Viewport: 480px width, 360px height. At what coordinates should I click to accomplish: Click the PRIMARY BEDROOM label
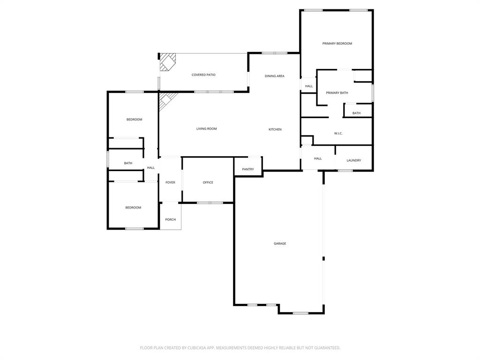tap(337, 44)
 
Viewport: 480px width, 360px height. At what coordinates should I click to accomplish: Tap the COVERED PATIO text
tap(203, 75)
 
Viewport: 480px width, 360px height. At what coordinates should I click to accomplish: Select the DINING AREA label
tap(274, 76)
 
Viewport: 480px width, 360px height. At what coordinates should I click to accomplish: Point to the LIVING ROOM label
tap(206, 129)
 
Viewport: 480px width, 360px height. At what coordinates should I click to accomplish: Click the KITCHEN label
tap(275, 129)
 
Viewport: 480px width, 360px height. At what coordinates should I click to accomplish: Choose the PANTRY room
tap(248, 169)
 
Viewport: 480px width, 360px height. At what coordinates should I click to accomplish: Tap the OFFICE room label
tap(208, 182)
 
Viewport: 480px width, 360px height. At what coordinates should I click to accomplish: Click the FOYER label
tap(170, 182)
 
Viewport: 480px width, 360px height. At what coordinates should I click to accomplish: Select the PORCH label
tap(170, 219)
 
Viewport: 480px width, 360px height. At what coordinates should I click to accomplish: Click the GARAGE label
tap(280, 244)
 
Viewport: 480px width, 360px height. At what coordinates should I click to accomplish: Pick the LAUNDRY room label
tap(354, 160)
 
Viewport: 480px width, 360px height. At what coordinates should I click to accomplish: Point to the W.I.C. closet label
tap(338, 134)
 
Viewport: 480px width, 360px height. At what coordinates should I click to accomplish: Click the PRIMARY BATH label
tap(337, 93)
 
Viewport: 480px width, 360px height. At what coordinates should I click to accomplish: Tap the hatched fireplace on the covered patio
tap(167, 61)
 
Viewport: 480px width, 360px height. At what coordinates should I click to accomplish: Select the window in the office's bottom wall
tap(210, 202)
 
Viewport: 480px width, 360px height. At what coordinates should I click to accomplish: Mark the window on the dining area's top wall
tap(275, 53)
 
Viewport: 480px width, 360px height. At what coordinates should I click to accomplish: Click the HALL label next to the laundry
tap(318, 159)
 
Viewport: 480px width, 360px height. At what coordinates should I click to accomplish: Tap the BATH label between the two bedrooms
tap(128, 163)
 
